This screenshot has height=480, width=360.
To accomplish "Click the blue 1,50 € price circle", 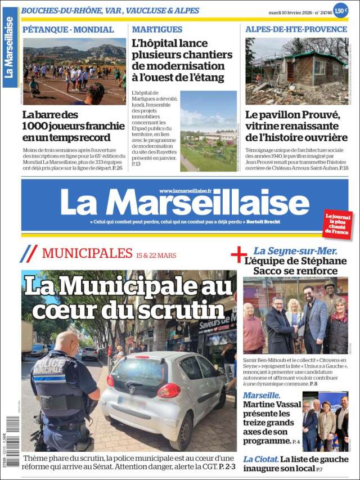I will click(340, 10).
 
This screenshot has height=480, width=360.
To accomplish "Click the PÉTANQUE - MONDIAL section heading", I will click(67, 29).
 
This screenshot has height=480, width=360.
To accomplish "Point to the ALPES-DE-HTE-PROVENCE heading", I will click(296, 29).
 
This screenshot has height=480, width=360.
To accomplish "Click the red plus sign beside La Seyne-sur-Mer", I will click(238, 254).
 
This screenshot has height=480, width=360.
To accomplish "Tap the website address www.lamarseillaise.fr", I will click(185, 191).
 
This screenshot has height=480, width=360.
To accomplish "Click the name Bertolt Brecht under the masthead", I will click(263, 221).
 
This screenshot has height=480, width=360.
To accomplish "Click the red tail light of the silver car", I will click(169, 391).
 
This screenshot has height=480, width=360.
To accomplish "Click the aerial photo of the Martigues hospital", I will click(208, 131).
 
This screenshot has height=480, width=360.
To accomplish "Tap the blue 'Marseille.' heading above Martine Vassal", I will click(262, 396).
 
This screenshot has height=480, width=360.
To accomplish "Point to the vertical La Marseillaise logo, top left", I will click(10, 47).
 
